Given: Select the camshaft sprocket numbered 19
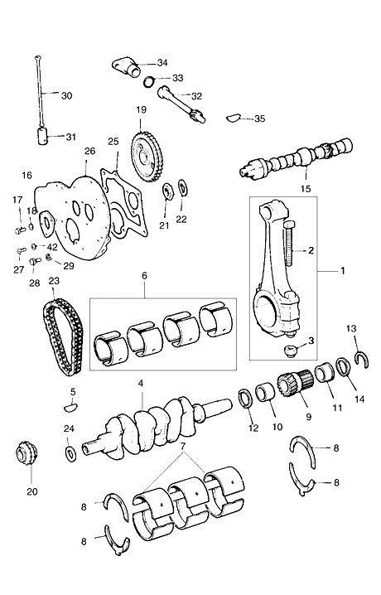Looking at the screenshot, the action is (x=148, y=157).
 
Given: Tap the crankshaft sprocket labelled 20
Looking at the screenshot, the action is (x=27, y=452).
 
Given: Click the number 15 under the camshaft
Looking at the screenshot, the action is (x=306, y=189).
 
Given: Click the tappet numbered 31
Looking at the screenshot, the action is (x=44, y=136).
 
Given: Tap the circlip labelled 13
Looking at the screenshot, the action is (x=362, y=360).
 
